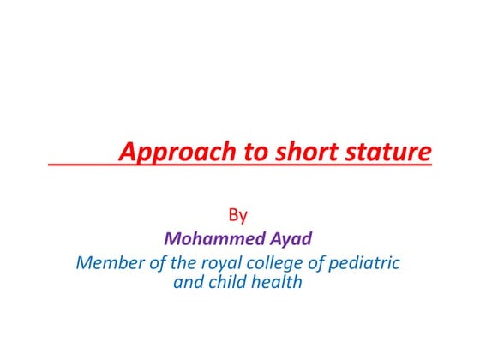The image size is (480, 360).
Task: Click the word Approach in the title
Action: (x=165, y=153)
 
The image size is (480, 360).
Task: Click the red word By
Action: (x=238, y=214)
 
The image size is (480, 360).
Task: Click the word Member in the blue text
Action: (x=109, y=262)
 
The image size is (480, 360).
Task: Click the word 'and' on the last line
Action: (x=189, y=281)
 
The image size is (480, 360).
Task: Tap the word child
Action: (x=231, y=281)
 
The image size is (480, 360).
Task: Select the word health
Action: (x=279, y=281)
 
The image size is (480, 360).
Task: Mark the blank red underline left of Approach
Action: (x=82, y=163)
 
